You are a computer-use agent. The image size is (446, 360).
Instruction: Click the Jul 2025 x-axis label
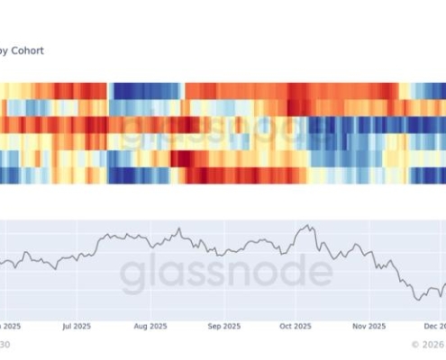pos(78,325)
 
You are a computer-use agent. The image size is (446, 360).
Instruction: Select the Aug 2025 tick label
pos(151,325)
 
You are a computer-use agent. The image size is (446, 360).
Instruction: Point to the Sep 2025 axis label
pos(224,325)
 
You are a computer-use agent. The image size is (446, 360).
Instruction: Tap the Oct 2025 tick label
pos(295,325)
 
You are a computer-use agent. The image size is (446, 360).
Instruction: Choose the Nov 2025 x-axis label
pos(369,325)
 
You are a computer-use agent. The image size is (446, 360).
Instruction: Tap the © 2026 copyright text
pos(428,343)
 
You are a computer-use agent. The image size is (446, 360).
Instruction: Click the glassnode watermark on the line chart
pos(226,273)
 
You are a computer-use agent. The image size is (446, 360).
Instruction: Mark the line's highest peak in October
pos(308,226)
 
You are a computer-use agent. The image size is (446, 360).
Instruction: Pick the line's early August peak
pos(179,229)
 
